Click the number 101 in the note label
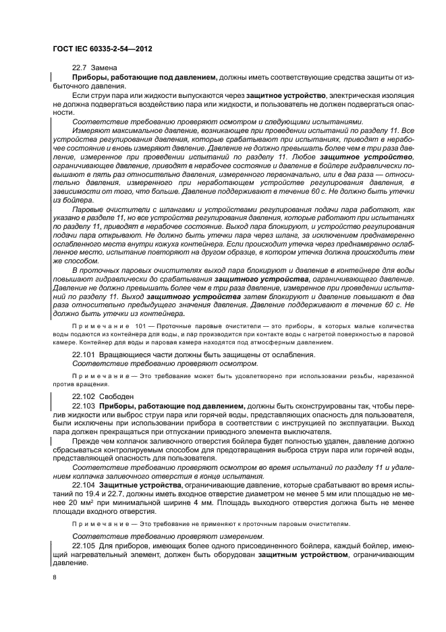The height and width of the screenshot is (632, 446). point(140,325)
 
